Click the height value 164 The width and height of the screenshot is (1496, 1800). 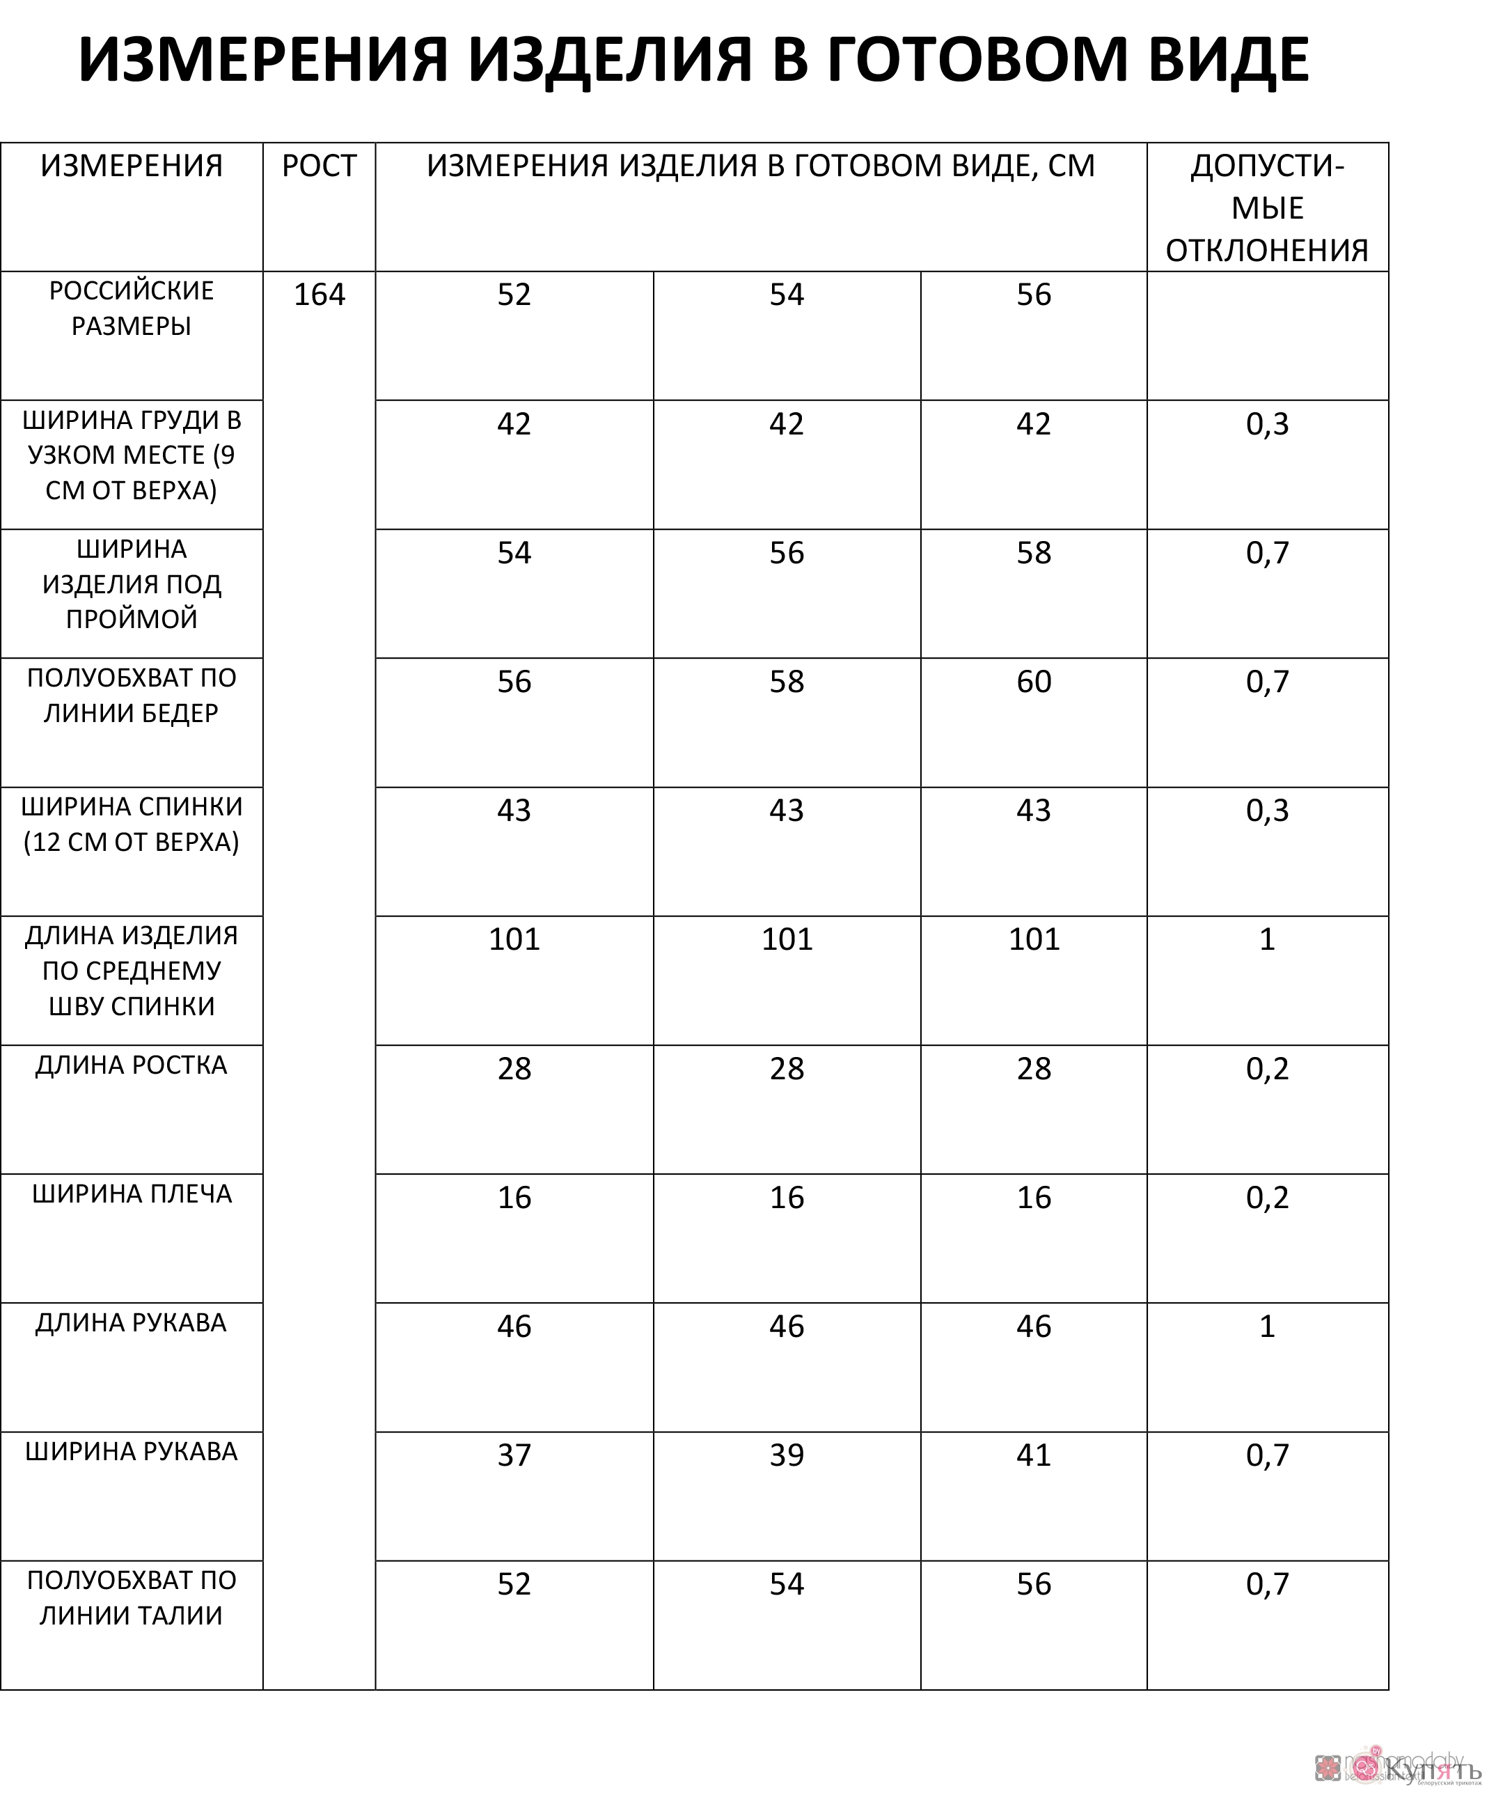pos(319,295)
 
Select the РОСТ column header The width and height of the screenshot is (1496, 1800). pos(319,166)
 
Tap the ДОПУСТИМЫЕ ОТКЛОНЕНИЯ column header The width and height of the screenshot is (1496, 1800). pos(1266,208)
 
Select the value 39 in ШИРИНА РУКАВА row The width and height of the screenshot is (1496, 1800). pos(787,1455)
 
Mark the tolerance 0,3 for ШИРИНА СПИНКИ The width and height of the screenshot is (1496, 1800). pos(1266,810)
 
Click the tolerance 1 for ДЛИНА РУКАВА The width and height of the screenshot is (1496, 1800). pos(1266,1326)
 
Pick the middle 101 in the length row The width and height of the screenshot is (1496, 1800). pos(787,939)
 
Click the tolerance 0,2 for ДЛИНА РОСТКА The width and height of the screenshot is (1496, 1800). pos(1266,1069)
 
